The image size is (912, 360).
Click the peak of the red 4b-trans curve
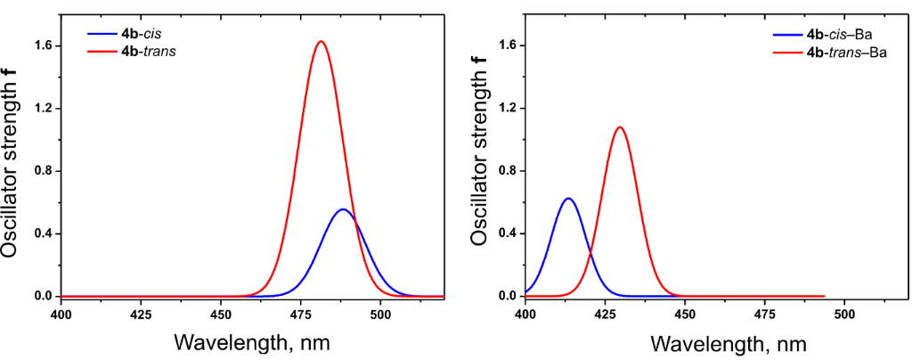tap(322, 41)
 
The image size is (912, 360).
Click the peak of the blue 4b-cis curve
tap(343, 209)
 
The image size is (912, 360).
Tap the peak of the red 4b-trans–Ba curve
tap(620, 127)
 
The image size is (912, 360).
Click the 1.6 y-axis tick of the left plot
tap(42, 45)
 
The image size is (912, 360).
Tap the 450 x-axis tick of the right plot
tap(685, 314)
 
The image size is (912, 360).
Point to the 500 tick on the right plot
tap(844, 314)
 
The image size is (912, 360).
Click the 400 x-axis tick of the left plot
tap(61, 314)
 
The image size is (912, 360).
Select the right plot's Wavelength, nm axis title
tap(729, 343)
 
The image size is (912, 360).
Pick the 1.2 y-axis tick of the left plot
tap(42, 109)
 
